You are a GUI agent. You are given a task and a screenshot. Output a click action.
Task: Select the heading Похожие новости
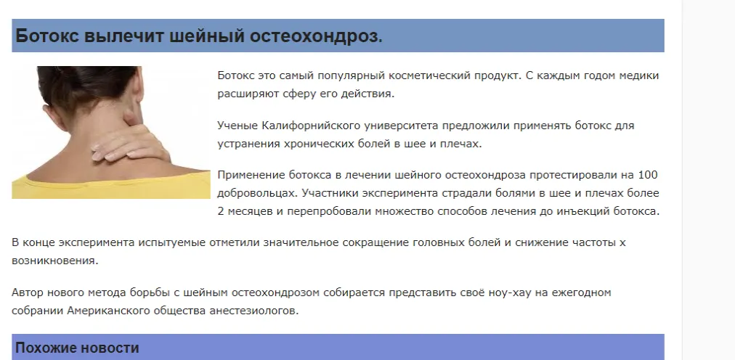[x=77, y=348]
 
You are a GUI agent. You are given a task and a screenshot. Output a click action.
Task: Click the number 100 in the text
[x=648, y=175]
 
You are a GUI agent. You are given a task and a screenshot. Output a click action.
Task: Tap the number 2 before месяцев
[x=220, y=211]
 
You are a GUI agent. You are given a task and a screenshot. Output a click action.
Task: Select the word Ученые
[x=237, y=126]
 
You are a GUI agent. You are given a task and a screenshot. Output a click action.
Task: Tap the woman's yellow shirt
[x=111, y=187]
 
